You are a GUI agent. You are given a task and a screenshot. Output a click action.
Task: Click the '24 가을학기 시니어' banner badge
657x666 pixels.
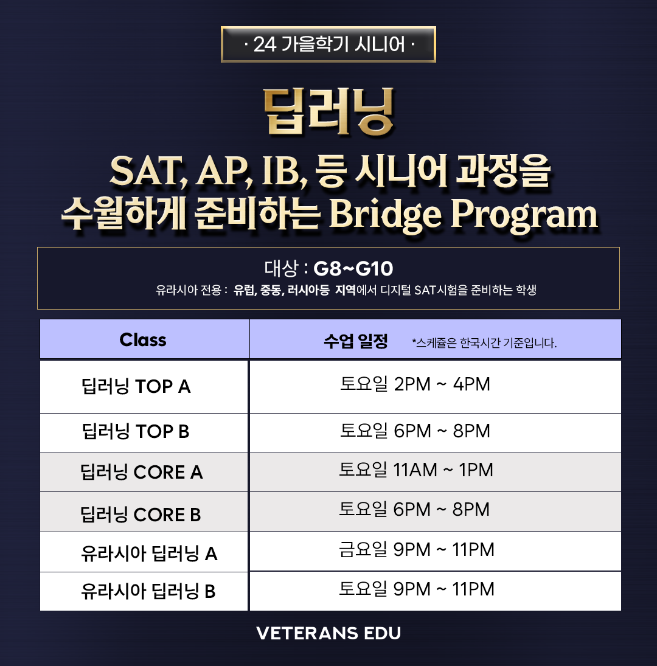pyautogui.click(x=328, y=44)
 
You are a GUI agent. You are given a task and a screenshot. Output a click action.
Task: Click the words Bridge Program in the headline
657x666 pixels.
pyautogui.click(x=464, y=215)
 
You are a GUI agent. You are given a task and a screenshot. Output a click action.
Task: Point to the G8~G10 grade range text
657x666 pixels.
pyautogui.click(x=353, y=268)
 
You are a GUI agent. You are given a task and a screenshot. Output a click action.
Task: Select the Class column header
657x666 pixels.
pyautogui.click(x=143, y=340)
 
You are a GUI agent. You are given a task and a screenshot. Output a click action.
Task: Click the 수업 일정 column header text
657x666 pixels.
pyautogui.click(x=356, y=341)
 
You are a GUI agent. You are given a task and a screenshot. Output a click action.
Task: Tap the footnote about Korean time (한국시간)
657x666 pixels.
pyautogui.click(x=484, y=343)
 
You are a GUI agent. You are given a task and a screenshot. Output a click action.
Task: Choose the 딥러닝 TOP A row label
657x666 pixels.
pyautogui.click(x=136, y=386)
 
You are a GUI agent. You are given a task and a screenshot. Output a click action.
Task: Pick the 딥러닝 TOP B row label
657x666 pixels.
pyautogui.click(x=136, y=431)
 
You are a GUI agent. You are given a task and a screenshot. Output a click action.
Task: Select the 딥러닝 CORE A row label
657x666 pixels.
pyautogui.click(x=141, y=472)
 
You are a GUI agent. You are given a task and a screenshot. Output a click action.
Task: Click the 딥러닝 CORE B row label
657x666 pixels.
pyautogui.click(x=141, y=515)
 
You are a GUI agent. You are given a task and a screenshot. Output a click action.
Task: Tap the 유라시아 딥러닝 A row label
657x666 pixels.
pyautogui.click(x=149, y=553)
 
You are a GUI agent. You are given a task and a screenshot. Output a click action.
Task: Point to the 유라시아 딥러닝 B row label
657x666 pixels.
pyautogui.click(x=148, y=591)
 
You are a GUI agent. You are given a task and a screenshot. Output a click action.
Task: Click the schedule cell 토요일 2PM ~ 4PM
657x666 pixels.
pyautogui.click(x=415, y=384)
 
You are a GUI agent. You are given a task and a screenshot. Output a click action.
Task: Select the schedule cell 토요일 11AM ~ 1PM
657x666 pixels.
pyautogui.click(x=416, y=470)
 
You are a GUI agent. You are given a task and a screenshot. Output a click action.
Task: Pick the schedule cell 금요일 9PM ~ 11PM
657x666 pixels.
pyautogui.click(x=417, y=550)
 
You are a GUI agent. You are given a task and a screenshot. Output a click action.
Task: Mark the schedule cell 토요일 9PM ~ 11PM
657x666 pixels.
pyautogui.click(x=417, y=589)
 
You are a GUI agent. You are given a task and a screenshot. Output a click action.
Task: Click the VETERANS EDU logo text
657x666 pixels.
pyautogui.click(x=328, y=633)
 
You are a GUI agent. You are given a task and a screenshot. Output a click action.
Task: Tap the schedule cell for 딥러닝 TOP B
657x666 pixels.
pyautogui.click(x=415, y=431)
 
